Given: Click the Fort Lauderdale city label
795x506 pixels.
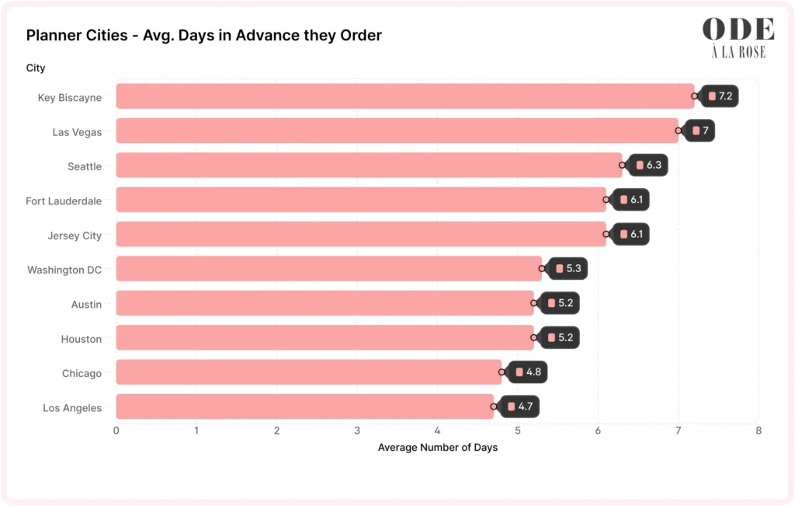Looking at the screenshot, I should click(64, 201).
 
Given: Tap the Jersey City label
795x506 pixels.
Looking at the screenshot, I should click(75, 236).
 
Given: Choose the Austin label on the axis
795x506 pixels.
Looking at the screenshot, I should click(86, 305).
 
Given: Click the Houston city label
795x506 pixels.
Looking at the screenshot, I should click(82, 339).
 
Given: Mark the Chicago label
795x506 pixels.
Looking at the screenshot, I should click(82, 374).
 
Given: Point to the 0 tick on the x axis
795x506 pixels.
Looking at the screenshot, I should click(116, 431).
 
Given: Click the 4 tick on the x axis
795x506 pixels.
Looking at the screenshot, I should click(437, 431).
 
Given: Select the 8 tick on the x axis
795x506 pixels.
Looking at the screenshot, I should click(759, 431).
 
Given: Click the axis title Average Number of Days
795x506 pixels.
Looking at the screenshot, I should click(437, 448).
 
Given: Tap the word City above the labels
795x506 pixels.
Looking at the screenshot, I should click(36, 68).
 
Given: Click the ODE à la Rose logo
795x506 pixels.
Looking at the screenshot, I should click(738, 37).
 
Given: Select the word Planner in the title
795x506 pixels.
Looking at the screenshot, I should click(53, 36).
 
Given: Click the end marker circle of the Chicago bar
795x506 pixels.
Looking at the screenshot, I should click(502, 372).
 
